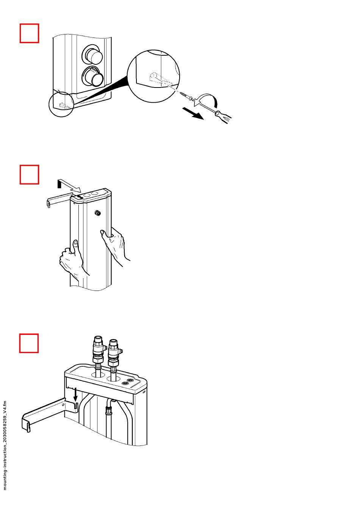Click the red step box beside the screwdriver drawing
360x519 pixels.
click(29, 33)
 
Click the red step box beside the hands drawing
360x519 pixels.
click(29, 175)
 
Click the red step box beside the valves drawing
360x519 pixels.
click(29, 343)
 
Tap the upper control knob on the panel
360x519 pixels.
click(92, 55)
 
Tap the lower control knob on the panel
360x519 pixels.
click(92, 76)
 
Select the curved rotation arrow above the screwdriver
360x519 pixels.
click(206, 100)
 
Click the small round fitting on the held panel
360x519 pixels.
click(98, 213)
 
